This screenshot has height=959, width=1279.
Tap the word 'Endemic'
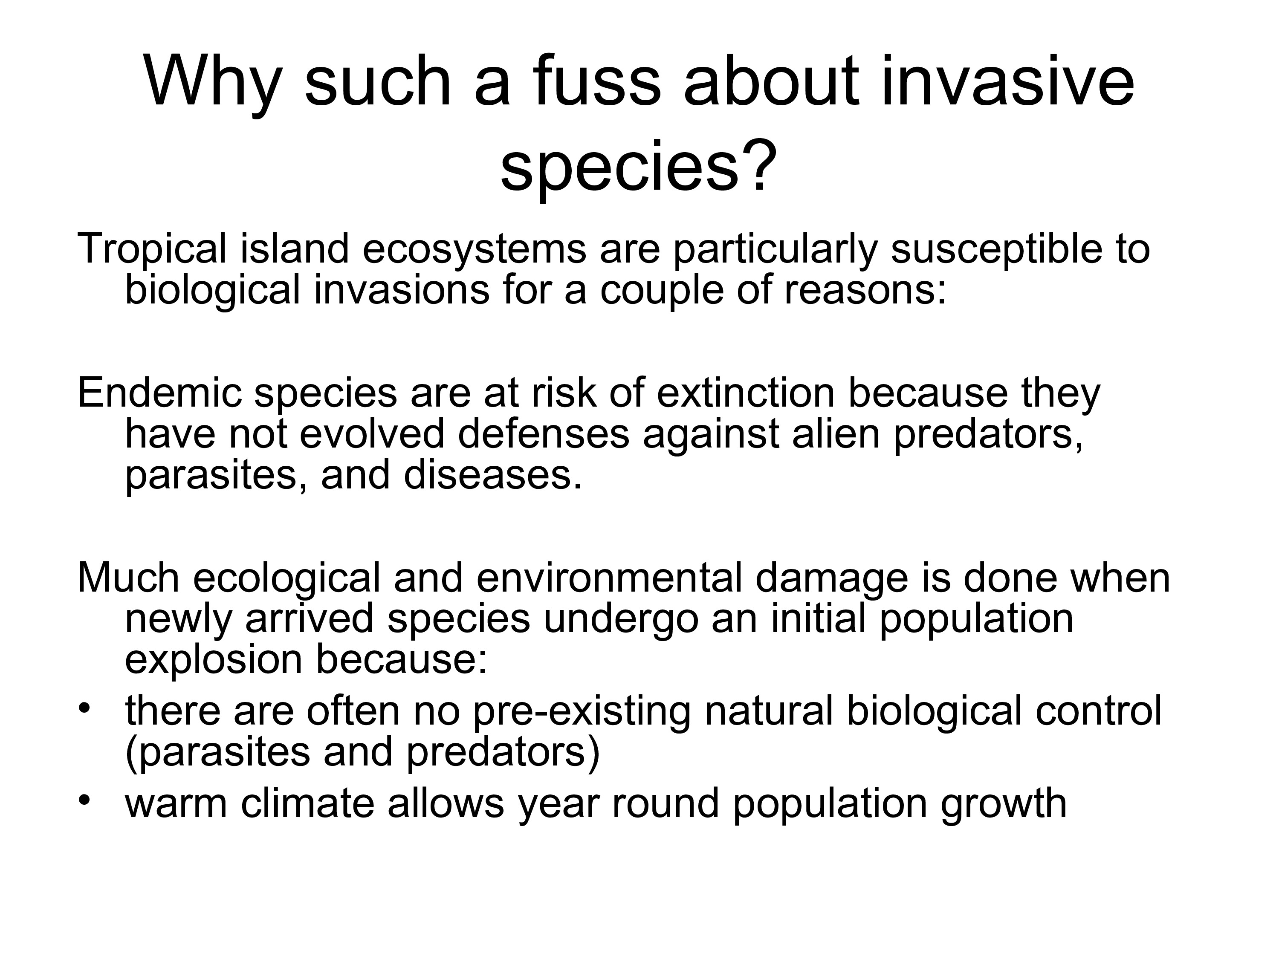pos(159,393)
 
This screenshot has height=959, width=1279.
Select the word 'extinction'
pos(747,393)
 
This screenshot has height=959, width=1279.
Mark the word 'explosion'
pos(213,660)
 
